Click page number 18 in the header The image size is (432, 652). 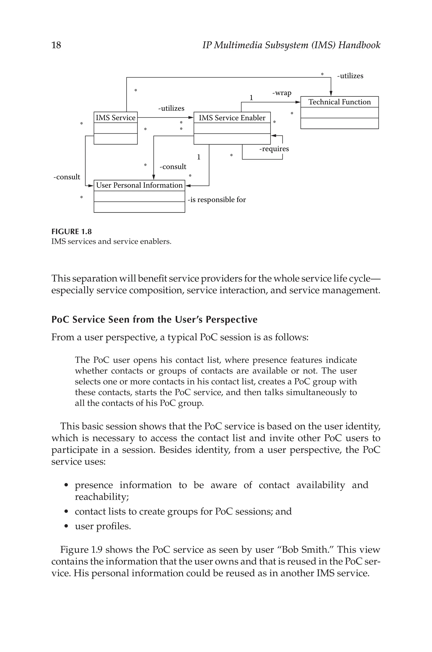[56, 45]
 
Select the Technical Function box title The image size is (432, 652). [339, 102]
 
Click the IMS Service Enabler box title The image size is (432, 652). [232, 118]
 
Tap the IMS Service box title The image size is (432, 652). [115, 118]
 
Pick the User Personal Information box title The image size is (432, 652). [139, 185]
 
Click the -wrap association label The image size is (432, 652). [282, 93]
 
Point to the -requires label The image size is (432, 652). [274, 149]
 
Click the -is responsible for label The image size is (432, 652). [217, 200]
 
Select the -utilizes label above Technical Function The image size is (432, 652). [350, 76]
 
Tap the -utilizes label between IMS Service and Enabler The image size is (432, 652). [171, 108]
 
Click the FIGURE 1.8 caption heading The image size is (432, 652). [71, 232]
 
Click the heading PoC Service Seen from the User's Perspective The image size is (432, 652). [154, 319]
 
